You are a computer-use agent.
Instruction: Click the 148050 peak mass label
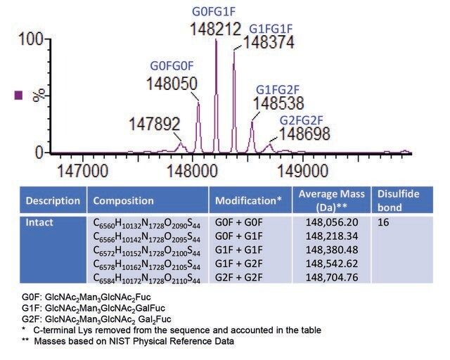coord(172,83)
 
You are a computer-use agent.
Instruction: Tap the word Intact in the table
coord(39,222)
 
